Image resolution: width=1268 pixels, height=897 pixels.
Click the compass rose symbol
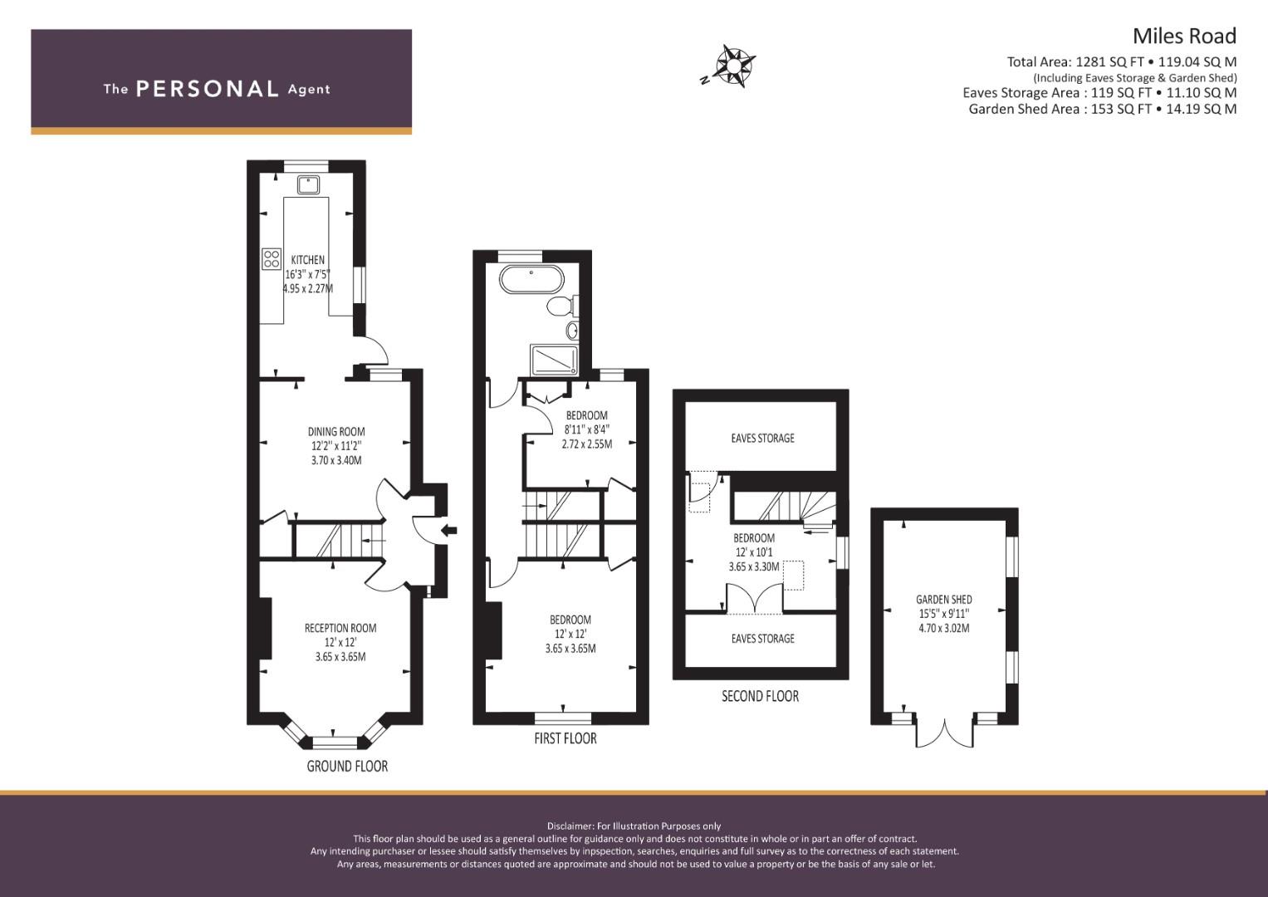tap(734, 65)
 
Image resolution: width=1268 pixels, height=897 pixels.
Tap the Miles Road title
tap(1184, 36)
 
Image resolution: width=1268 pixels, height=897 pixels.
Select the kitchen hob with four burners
tap(272, 258)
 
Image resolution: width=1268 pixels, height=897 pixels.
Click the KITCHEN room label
tap(307, 260)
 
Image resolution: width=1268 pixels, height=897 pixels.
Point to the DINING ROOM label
tap(336, 432)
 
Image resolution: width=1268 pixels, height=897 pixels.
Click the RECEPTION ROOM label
tap(340, 628)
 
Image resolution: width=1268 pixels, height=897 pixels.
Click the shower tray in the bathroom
tap(554, 360)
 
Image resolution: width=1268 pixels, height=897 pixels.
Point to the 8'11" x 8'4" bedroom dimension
tap(586, 429)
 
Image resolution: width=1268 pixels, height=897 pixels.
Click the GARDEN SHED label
tap(943, 600)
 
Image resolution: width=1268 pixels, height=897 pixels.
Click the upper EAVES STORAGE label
tap(762, 438)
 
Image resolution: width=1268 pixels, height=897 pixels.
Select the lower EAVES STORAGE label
tap(762, 638)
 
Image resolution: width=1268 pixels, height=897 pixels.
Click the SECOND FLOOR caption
tap(760, 696)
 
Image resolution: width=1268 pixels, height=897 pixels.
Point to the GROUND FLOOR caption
tap(347, 766)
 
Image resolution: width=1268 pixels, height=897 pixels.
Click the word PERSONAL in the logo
tap(207, 89)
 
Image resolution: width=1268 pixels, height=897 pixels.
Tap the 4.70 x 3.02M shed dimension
tap(943, 628)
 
